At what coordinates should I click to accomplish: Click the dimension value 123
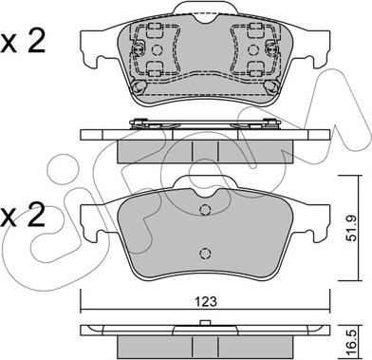[206, 301]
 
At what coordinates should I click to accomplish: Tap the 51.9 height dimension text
[352, 228]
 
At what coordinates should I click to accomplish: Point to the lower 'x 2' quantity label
[23, 216]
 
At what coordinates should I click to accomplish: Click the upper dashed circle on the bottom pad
[205, 210]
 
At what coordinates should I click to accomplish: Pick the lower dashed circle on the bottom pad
[205, 253]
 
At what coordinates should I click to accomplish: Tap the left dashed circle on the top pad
[157, 49]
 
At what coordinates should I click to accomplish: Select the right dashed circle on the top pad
[252, 49]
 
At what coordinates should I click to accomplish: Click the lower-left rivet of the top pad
[139, 86]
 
